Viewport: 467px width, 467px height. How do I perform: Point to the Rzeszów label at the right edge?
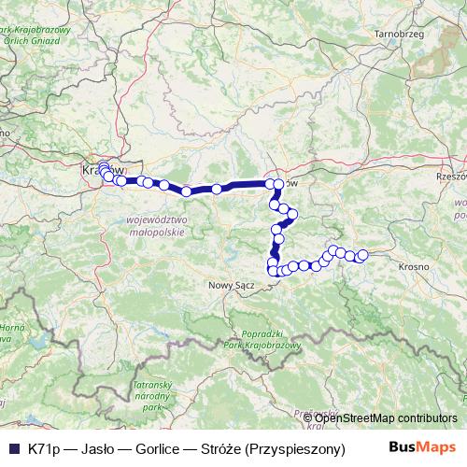click(x=451, y=176)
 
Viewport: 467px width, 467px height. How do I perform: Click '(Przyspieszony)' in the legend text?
click(x=292, y=448)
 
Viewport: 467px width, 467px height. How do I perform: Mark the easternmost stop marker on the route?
click(x=362, y=255)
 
